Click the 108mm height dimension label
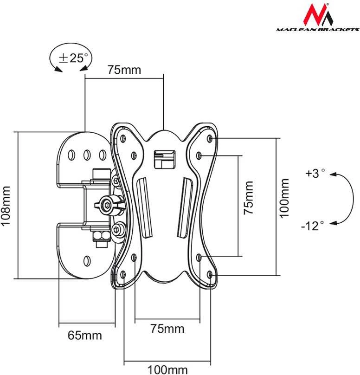(5, 206)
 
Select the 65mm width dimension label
(84, 335)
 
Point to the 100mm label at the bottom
(167, 370)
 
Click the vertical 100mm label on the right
(284, 198)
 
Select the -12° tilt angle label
(312, 226)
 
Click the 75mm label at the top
(124, 70)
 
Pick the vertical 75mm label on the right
(248, 198)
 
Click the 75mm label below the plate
(167, 329)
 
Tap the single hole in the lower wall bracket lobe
(87, 261)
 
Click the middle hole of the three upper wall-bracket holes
(87, 155)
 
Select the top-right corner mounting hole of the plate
(210, 138)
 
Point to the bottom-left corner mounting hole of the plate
(123, 274)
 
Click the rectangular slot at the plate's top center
(165, 160)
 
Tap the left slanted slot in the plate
(145, 207)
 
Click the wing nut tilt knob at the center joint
(109, 205)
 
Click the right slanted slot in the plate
(185, 207)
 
